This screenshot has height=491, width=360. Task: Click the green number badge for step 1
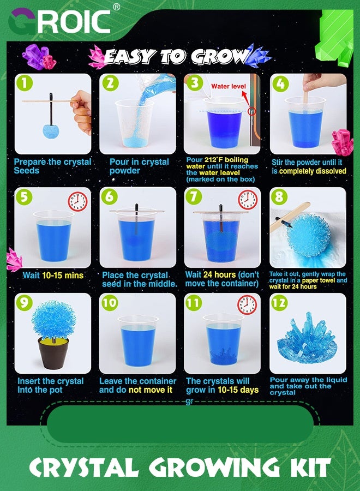(x=25, y=83)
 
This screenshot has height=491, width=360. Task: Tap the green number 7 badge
(x=194, y=196)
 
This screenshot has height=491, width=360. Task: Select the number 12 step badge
(x=279, y=303)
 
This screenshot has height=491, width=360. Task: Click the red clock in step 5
(x=77, y=201)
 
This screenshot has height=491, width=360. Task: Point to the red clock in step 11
(x=247, y=304)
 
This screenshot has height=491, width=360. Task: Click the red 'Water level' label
(x=229, y=86)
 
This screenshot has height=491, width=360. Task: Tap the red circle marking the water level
(x=252, y=111)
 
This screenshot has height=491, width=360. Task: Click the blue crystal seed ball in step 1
(x=51, y=131)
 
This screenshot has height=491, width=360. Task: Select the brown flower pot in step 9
(x=53, y=353)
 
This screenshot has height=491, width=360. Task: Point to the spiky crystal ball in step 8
(x=309, y=236)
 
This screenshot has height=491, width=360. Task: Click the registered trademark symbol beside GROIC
(x=116, y=7)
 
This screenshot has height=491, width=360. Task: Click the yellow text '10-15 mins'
(x=63, y=276)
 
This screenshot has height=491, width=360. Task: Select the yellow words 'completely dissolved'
(x=313, y=171)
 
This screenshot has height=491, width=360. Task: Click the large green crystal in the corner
(x=335, y=38)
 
